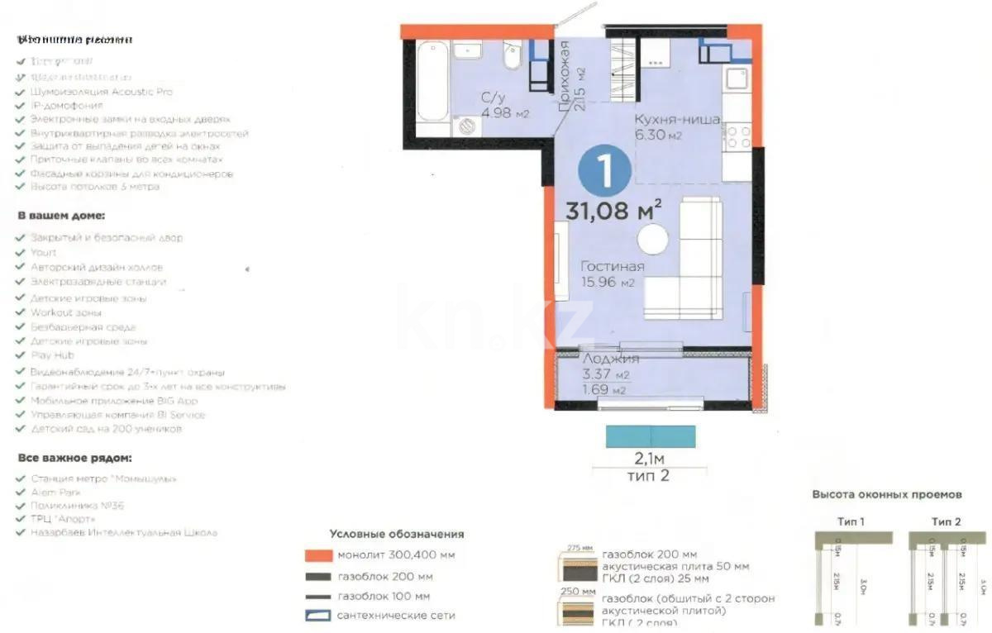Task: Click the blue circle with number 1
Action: point(604,170)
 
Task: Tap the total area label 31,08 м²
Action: point(614,211)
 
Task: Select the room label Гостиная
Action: point(612,267)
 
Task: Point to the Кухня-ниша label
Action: point(677,120)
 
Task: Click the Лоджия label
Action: point(611,359)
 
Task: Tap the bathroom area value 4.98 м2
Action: point(505,114)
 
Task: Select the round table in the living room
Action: point(653,240)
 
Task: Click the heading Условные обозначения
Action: point(397,534)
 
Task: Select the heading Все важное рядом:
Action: point(74,458)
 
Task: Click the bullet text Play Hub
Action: point(52,355)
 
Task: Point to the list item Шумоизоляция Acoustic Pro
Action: point(102,92)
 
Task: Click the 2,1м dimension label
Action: point(650,457)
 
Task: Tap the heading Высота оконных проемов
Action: point(887,495)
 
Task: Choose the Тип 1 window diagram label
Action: point(851,521)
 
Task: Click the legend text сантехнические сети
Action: point(396,616)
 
